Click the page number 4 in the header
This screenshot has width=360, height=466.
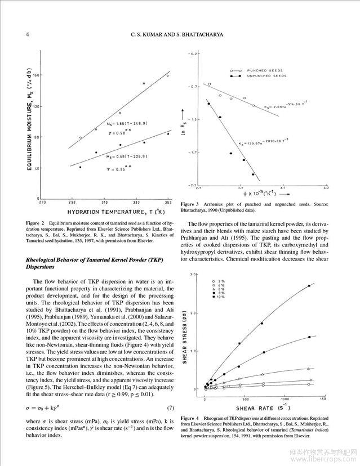click(12, 34)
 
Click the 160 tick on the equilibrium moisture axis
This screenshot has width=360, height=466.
click(32, 75)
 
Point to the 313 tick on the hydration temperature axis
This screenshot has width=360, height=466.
click(104, 202)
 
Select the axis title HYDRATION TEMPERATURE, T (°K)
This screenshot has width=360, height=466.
click(115, 212)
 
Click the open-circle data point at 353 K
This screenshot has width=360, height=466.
click(167, 75)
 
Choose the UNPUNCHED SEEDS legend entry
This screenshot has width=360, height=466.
click(264, 75)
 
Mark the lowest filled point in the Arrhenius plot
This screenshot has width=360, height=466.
click(253, 174)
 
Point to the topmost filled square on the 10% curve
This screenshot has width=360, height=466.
click(309, 286)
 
